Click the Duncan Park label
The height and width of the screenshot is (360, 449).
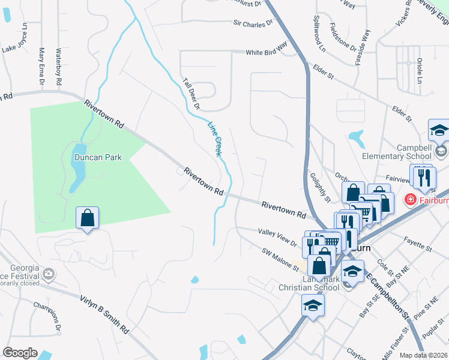(98, 158)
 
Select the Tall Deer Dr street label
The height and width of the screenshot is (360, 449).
(191, 94)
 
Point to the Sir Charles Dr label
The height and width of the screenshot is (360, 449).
(253, 23)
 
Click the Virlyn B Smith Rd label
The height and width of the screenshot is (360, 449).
(104, 313)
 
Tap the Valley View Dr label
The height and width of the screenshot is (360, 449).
(277, 236)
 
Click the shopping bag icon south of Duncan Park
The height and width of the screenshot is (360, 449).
(88, 218)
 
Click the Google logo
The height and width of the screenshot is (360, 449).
(20, 353)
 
